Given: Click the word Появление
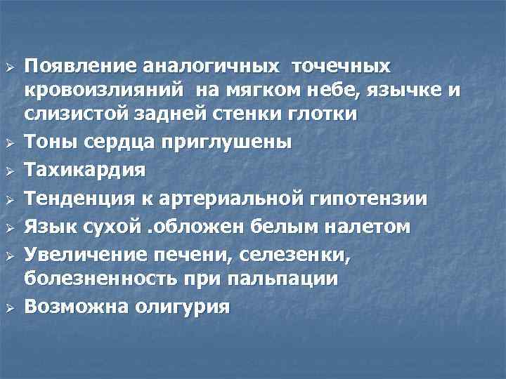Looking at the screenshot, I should tap(79, 67).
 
